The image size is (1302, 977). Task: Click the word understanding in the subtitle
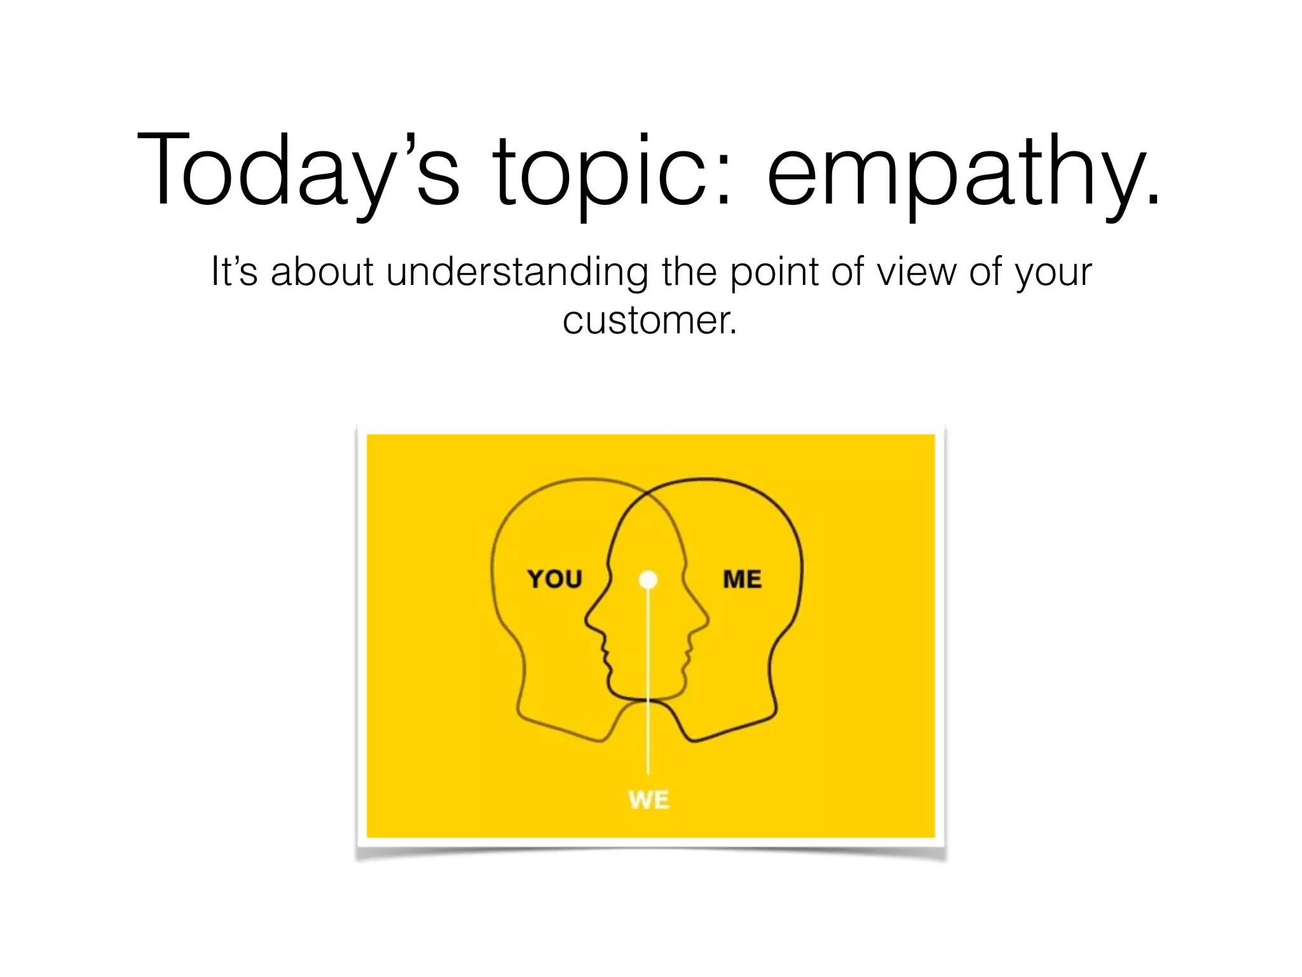(x=517, y=272)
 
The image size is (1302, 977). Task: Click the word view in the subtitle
(x=916, y=272)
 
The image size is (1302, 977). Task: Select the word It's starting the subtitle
(x=234, y=272)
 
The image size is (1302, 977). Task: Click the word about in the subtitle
(x=322, y=272)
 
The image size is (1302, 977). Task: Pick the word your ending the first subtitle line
(x=1053, y=272)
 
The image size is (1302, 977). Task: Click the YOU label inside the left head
(x=554, y=579)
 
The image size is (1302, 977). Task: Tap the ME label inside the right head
(x=742, y=579)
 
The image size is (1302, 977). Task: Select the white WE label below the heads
(x=648, y=800)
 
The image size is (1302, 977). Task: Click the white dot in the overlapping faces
(x=648, y=579)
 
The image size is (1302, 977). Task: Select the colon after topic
(x=723, y=181)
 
